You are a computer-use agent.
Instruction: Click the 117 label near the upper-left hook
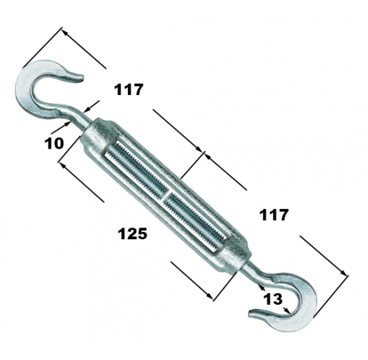click(128, 90)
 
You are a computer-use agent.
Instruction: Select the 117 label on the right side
click(274, 215)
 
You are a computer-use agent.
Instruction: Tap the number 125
click(132, 233)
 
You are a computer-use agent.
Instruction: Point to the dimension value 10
click(54, 143)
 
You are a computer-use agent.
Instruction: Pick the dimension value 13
click(273, 299)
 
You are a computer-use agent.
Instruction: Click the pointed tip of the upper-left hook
click(83, 78)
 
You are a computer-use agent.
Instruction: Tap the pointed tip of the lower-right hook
click(250, 314)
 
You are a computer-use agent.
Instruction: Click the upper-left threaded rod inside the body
click(138, 169)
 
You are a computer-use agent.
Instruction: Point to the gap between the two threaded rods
click(166, 194)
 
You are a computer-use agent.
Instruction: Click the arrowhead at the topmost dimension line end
click(64, 32)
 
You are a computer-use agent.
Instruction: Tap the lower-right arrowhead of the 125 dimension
click(210, 295)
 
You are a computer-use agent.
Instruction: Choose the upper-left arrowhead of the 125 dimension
click(63, 165)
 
